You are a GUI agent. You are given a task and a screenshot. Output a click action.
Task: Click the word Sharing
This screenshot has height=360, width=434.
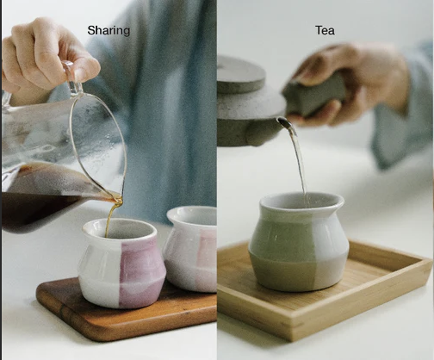click(108, 31)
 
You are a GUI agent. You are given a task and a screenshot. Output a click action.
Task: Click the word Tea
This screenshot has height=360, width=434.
click(325, 30)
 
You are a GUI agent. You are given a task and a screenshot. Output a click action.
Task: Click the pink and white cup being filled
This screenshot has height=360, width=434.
click(121, 263)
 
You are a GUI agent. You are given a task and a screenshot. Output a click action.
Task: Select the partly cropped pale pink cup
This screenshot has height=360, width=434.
click(190, 249)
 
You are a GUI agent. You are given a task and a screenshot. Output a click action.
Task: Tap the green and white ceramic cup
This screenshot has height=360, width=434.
click(299, 242)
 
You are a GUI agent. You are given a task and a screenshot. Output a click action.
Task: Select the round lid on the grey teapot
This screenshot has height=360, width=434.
click(241, 75)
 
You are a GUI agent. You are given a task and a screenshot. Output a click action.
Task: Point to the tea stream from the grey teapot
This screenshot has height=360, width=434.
click(298, 161)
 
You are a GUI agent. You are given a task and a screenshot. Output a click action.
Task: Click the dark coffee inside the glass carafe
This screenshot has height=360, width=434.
click(43, 198)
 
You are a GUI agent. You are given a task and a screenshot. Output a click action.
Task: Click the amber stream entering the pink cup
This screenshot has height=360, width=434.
click(111, 218)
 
